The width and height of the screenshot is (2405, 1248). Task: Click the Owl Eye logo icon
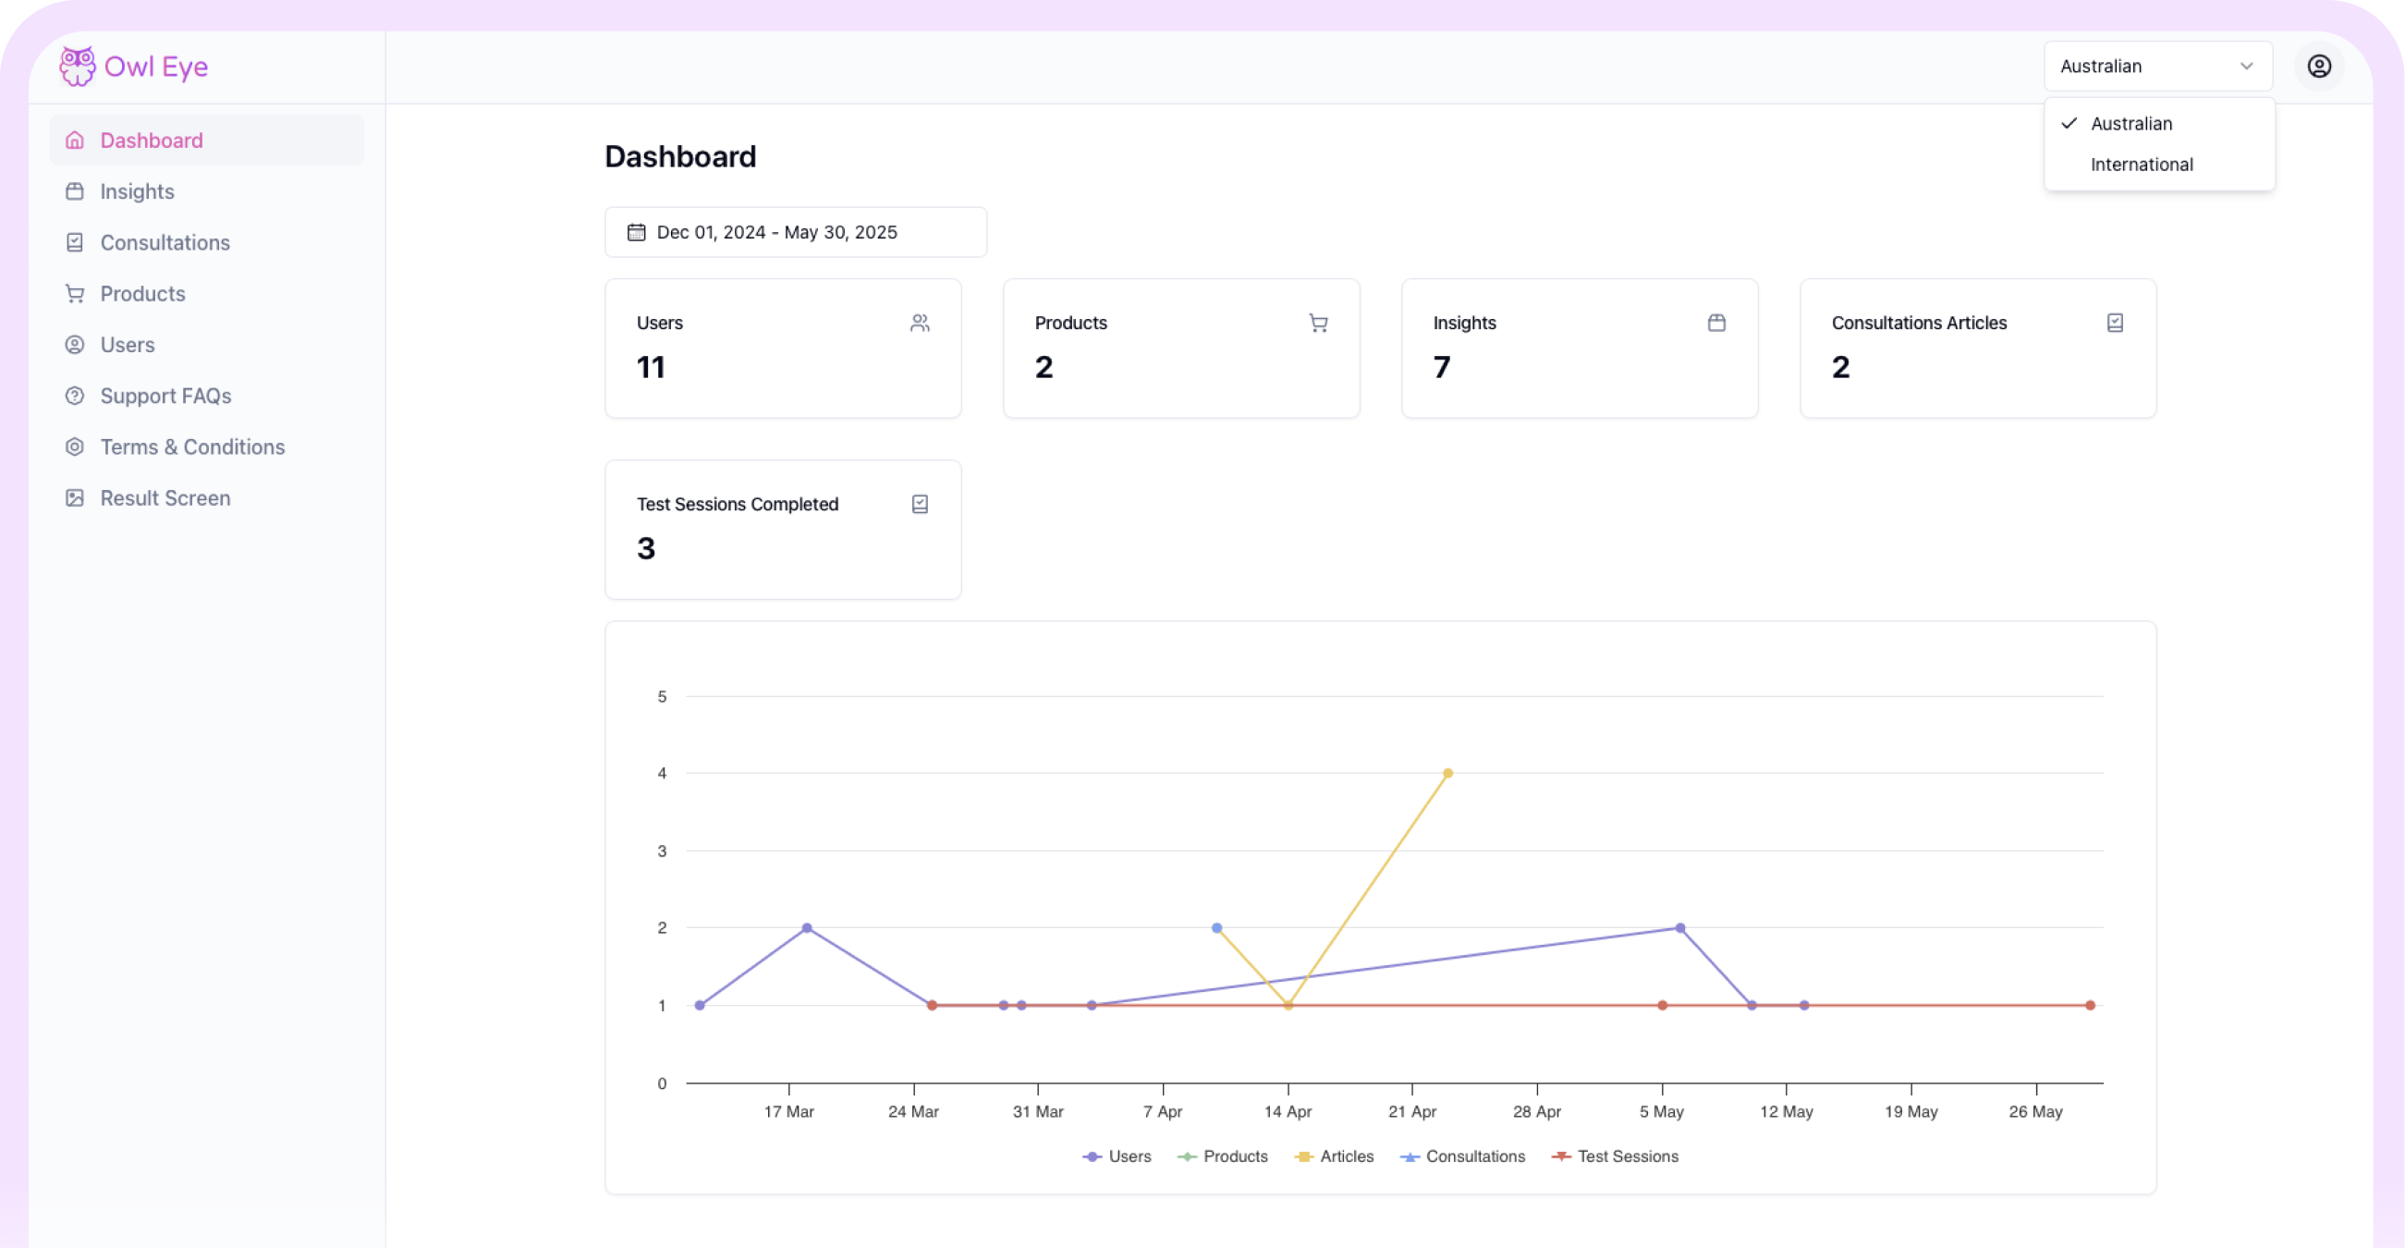78,67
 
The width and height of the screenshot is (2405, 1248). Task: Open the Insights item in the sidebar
137,191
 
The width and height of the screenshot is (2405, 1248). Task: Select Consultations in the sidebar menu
165,243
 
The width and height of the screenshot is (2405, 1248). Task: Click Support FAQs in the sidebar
165,396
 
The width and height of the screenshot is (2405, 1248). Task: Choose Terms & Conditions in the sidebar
192,447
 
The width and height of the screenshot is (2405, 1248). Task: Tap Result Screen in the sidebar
165,498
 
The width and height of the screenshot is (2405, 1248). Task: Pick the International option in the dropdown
2141,165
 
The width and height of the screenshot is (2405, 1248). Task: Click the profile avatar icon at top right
2318,67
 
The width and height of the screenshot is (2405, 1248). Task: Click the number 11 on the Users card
651,367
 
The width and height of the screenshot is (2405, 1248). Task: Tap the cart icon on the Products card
1317,323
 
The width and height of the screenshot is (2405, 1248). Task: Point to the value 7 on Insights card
1442,367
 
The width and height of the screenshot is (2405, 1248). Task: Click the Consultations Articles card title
1919,323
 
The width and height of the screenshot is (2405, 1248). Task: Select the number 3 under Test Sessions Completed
646,548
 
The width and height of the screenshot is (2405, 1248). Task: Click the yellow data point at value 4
1447,773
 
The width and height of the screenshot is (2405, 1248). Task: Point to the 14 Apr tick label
1288,1112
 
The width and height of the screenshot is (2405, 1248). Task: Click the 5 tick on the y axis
662,696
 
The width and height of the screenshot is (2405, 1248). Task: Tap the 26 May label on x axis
2035,1112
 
